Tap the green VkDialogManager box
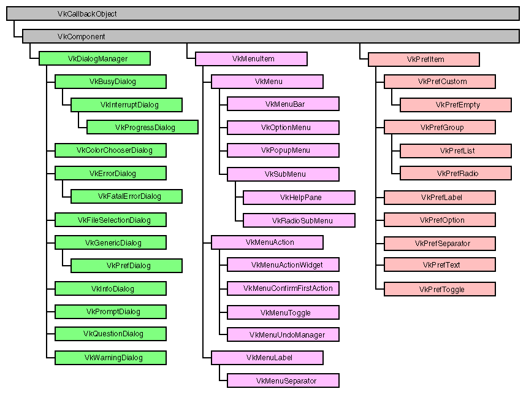point(95,59)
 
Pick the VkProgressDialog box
point(142,127)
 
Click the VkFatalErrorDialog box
point(126,196)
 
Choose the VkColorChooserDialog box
point(110,150)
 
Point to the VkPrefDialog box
point(126,266)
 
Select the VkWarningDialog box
point(110,357)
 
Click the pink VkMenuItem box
point(251,59)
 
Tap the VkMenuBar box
point(283,104)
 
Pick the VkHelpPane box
point(299,197)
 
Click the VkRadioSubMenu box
point(299,220)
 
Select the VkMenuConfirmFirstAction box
point(283,288)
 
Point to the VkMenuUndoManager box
point(283,334)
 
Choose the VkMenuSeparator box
point(283,380)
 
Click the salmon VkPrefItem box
point(424,60)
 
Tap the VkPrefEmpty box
point(455,105)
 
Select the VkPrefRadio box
point(455,173)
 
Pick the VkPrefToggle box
point(439,289)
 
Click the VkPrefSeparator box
point(439,243)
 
